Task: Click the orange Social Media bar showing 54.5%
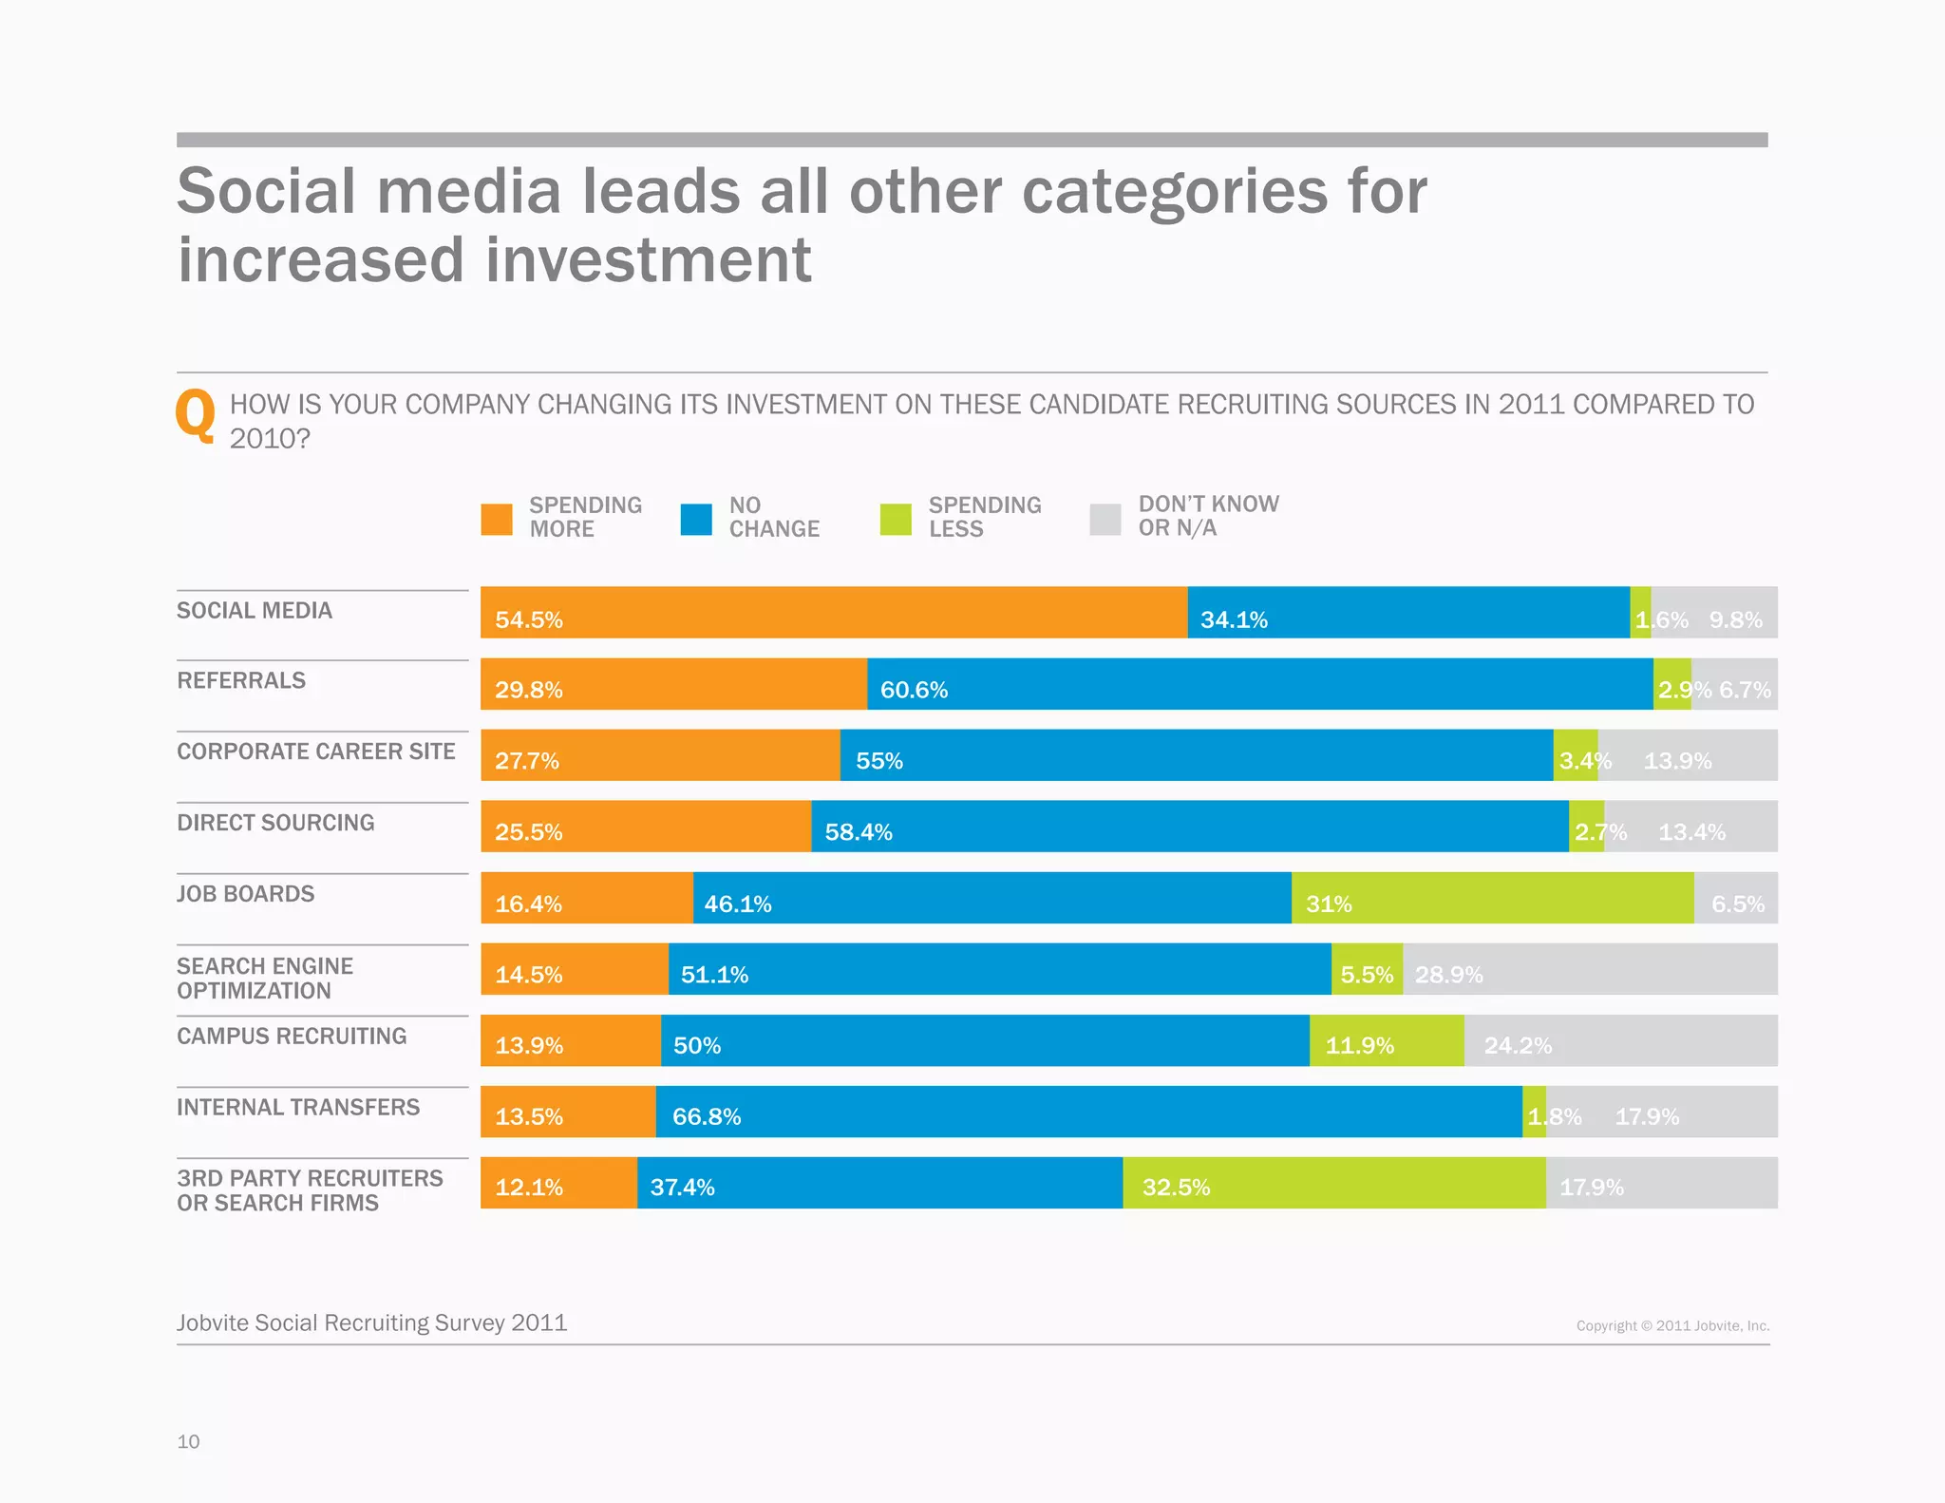(x=834, y=612)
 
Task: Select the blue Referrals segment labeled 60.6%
(x=1259, y=684)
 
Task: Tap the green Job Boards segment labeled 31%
(x=1492, y=898)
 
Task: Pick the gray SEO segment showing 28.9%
(x=1590, y=969)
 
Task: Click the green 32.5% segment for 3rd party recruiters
(x=1333, y=1183)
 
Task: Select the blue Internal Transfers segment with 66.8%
(x=1088, y=1112)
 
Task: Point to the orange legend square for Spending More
(x=497, y=519)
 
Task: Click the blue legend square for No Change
(x=696, y=519)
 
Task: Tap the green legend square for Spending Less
(x=896, y=519)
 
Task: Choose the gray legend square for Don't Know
(x=1105, y=519)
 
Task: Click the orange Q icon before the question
(x=196, y=415)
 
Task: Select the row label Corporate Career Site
(x=316, y=751)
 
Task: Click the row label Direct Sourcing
(x=275, y=823)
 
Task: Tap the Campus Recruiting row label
(x=292, y=1036)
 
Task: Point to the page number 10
(x=188, y=1441)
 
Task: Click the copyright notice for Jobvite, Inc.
(x=1672, y=1325)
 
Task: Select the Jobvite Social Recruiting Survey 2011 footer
(x=371, y=1322)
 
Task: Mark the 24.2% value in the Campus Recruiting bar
(x=1518, y=1045)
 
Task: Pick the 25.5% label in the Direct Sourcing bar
(x=528, y=832)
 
